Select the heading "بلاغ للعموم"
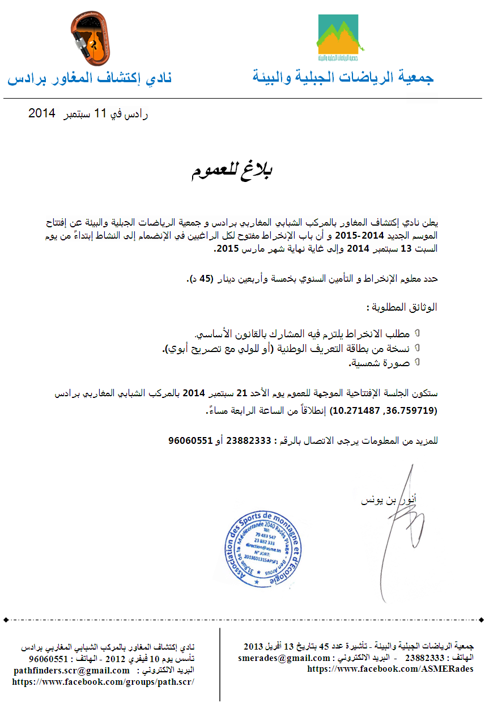pyautogui.click(x=231, y=171)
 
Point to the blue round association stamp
pyautogui.click(x=264, y=550)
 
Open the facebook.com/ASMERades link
pyautogui.click(x=390, y=669)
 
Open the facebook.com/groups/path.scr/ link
pyautogui.click(x=103, y=682)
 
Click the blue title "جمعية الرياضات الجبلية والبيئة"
pyautogui.click(x=343, y=78)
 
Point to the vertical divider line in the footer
pyautogui.click(x=220, y=663)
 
